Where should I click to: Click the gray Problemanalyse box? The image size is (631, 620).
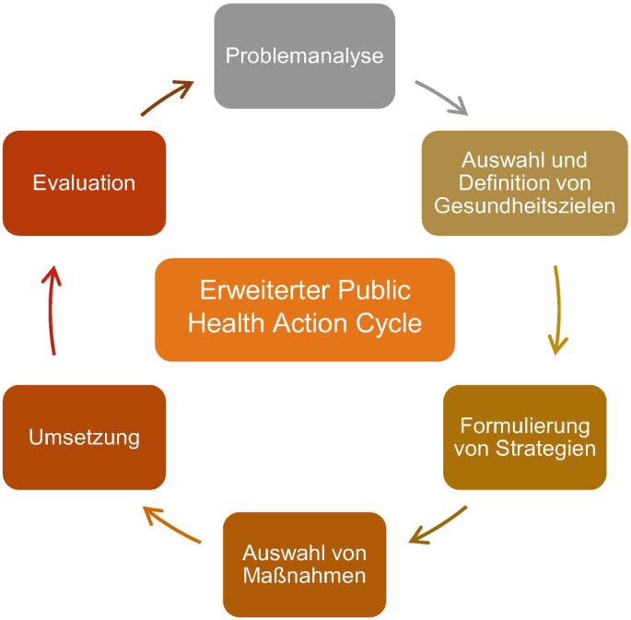[304, 55]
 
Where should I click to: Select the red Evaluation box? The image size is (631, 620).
[84, 182]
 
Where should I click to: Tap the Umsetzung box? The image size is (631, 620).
[84, 437]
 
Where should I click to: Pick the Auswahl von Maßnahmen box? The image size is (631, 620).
[305, 564]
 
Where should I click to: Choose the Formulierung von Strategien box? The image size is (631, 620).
[525, 437]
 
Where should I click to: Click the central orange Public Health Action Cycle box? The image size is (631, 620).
[305, 309]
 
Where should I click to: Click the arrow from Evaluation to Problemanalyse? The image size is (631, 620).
[168, 98]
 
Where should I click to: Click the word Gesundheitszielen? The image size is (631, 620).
[525, 205]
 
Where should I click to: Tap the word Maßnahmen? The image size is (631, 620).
[305, 576]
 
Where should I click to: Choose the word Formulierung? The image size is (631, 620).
[525, 426]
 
